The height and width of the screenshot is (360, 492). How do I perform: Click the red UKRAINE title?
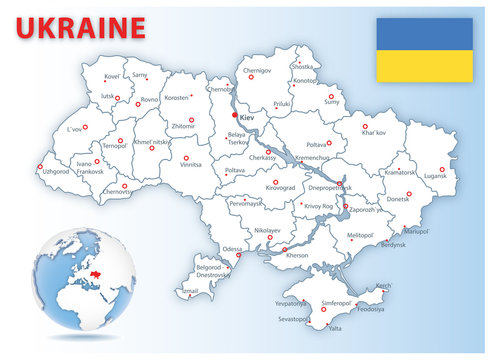pyautogui.click(x=80, y=26)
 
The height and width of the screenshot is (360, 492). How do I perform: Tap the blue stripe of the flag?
pyautogui.click(x=423, y=34)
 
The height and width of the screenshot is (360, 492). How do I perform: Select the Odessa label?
pyautogui.click(x=232, y=248)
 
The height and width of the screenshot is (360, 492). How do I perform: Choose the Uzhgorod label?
pyautogui.click(x=56, y=172)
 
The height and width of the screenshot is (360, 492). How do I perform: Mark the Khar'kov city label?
pyautogui.click(x=374, y=133)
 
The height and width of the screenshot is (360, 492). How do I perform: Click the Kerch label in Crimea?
pyautogui.click(x=384, y=285)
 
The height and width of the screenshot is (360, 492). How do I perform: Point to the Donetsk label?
pyautogui.click(x=398, y=199)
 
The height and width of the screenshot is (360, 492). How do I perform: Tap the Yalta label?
pyautogui.click(x=335, y=327)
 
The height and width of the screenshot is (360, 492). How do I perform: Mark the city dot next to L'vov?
pyautogui.click(x=85, y=127)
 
